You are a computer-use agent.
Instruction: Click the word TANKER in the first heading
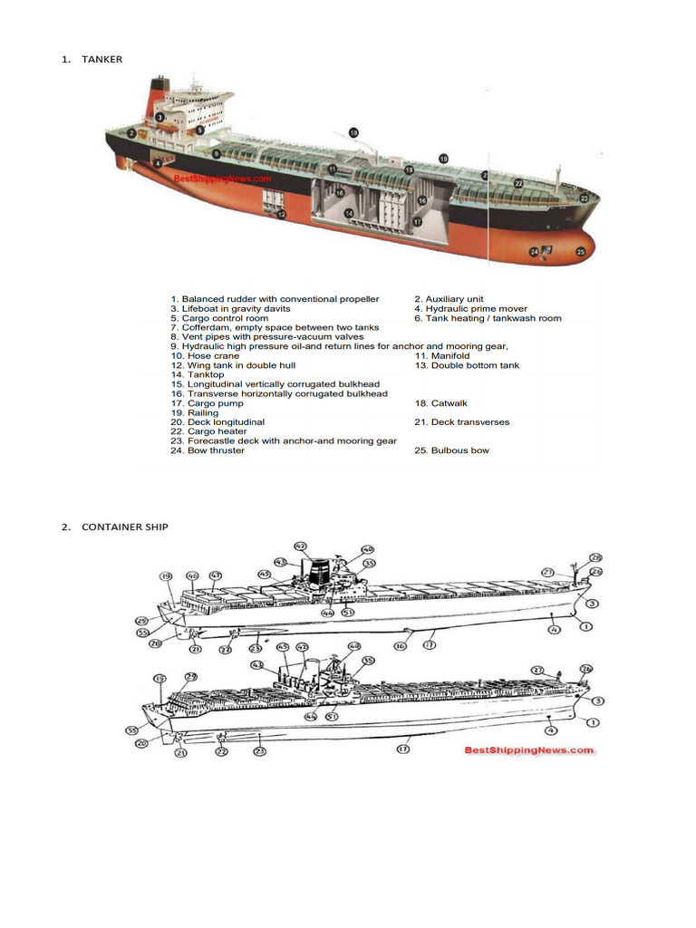[102, 60]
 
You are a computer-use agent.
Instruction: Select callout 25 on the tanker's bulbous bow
[581, 251]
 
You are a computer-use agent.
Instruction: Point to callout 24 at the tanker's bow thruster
[535, 251]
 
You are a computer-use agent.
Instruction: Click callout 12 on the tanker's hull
[282, 215]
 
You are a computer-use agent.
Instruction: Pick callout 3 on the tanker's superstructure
[159, 117]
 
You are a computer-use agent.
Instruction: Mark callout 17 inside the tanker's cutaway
[417, 220]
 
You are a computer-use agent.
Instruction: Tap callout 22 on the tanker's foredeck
[518, 183]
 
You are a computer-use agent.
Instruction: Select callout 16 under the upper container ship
[400, 645]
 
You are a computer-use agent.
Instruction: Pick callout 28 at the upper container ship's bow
[595, 557]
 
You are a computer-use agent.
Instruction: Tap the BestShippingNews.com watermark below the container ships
[530, 749]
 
